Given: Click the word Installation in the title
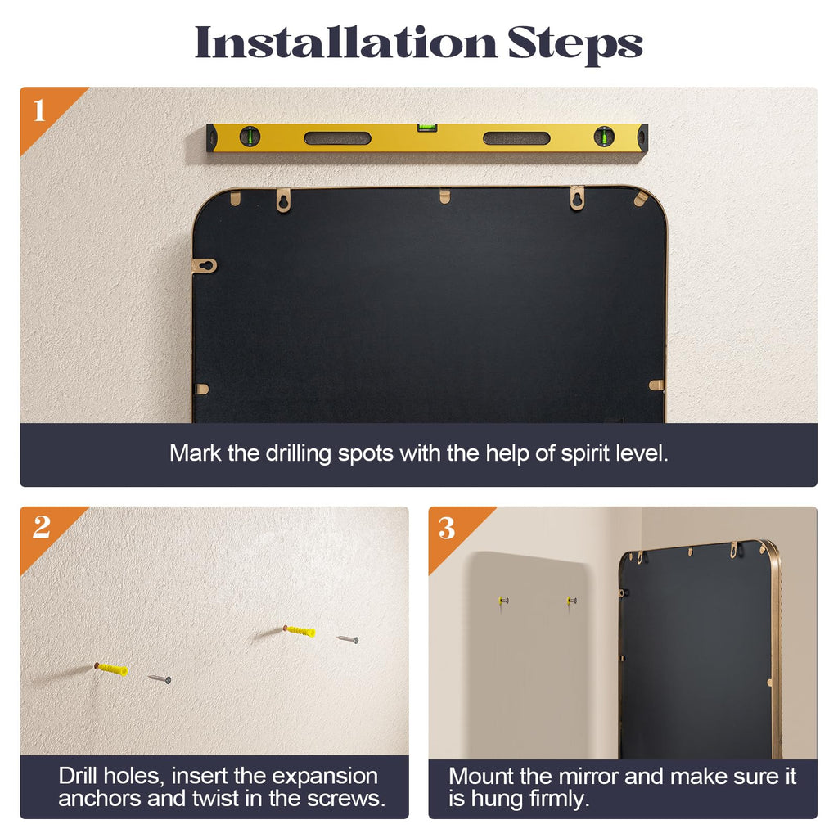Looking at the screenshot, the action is click(x=346, y=43).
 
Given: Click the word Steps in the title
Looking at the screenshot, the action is click(x=575, y=46).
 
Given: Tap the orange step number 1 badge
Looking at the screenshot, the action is click(x=40, y=110).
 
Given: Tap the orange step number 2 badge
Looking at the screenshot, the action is click(x=41, y=528).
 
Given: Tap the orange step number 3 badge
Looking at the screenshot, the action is click(x=447, y=529).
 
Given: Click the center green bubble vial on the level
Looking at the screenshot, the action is click(x=427, y=128).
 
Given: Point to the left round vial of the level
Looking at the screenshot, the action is click(x=250, y=137).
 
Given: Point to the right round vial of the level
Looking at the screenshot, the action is click(x=604, y=137).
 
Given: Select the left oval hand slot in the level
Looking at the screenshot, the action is click(x=337, y=138).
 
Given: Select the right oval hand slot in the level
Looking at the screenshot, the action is click(x=516, y=138).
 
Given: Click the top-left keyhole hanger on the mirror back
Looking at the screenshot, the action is click(x=284, y=200).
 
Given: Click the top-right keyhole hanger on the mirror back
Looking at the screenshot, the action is click(x=577, y=197).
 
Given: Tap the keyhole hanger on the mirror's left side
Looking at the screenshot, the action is click(x=204, y=266).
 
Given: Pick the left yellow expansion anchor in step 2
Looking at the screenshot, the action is click(x=111, y=669).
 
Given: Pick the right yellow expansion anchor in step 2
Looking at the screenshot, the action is click(x=300, y=631).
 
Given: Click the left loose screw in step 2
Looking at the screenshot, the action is click(x=160, y=678).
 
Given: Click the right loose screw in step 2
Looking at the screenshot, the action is click(x=347, y=638).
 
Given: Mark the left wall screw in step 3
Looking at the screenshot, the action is click(x=503, y=601).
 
